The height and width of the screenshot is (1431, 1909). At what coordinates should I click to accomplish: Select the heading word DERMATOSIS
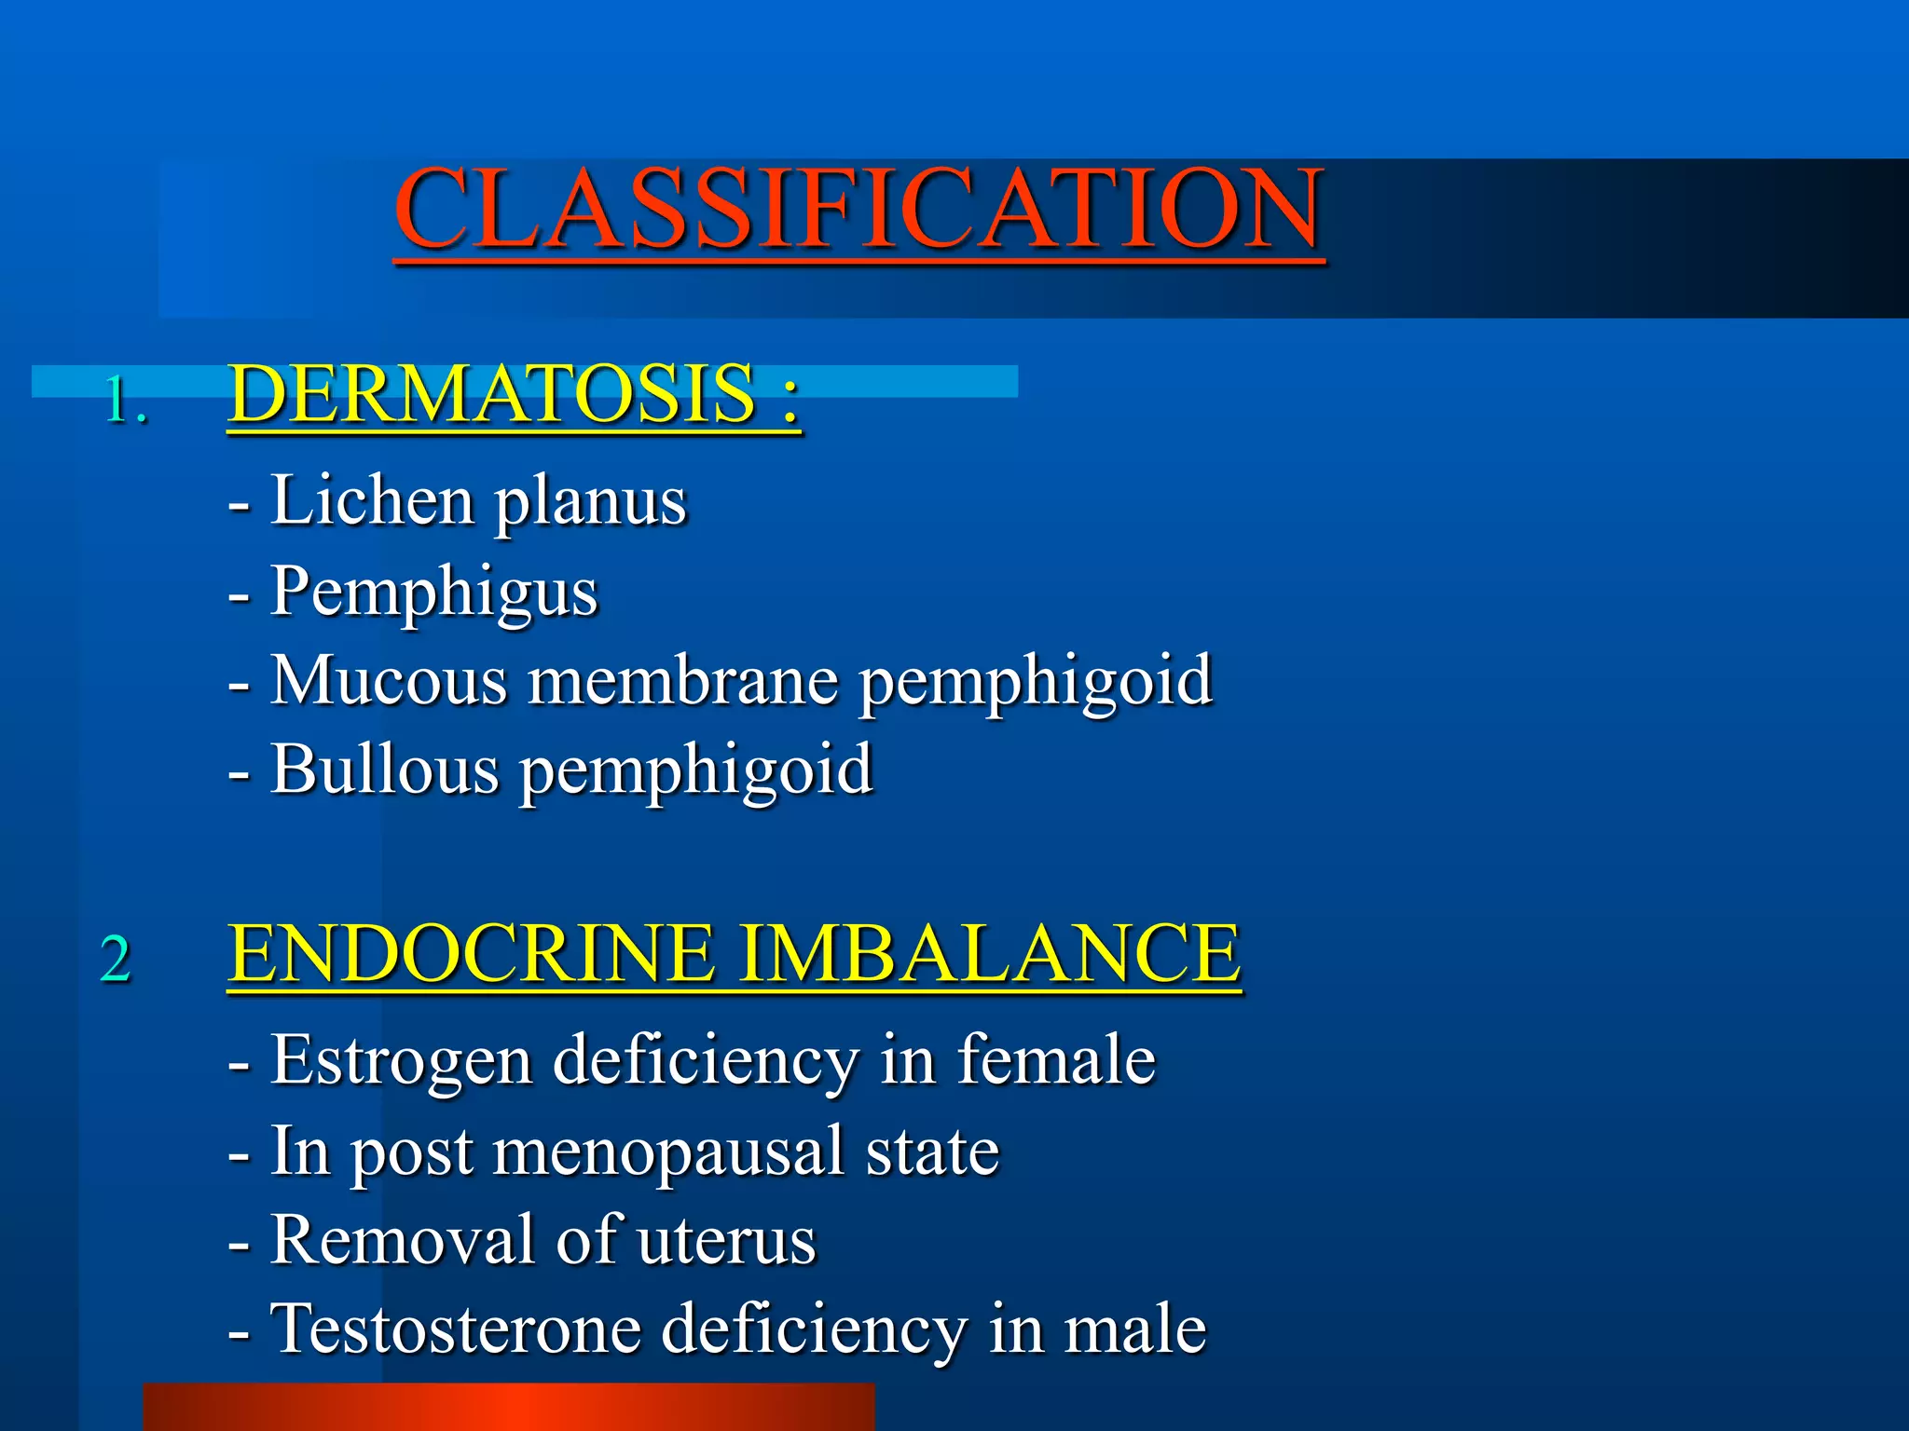click(491, 394)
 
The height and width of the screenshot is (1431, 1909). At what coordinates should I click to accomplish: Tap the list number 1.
click(124, 402)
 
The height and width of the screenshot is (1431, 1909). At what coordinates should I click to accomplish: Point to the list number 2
click(116, 959)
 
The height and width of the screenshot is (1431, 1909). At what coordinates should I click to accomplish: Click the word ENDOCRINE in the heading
click(472, 953)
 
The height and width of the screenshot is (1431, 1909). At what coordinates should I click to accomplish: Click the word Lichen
click(372, 501)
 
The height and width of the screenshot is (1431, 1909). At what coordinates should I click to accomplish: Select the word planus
click(590, 503)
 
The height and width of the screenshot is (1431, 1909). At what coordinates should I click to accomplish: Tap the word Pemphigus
click(433, 593)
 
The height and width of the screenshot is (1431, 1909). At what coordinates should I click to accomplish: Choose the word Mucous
click(389, 680)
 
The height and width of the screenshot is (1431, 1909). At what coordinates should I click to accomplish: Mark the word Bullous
click(385, 770)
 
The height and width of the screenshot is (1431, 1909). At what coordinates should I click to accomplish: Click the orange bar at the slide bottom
click(509, 1407)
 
